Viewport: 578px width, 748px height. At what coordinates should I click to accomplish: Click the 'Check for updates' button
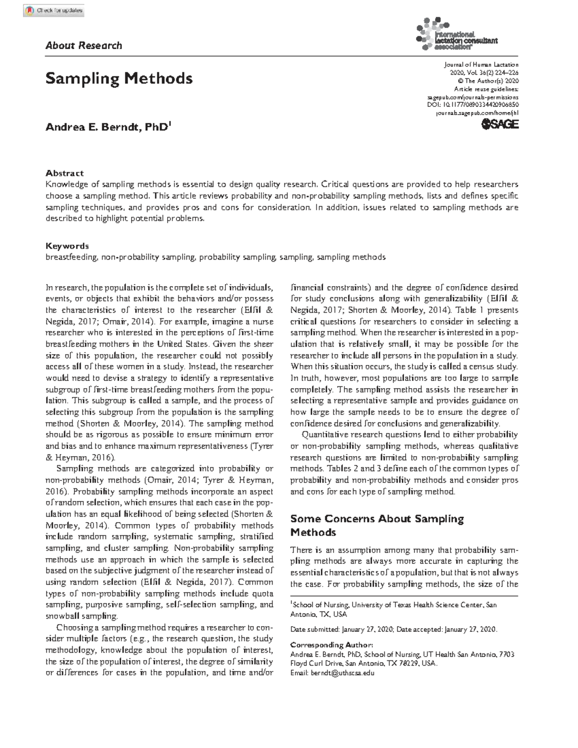pos(54,10)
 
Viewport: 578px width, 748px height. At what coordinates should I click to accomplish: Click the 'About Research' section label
pos(83,46)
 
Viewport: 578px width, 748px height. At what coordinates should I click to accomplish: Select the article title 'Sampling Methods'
pos(119,78)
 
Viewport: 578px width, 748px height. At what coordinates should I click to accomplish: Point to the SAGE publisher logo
pos(500,125)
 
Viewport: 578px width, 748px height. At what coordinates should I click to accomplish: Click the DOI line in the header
pos(473,105)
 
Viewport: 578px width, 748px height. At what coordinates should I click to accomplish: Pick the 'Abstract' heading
pos(65,173)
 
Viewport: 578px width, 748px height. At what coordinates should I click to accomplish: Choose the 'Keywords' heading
pos(67,246)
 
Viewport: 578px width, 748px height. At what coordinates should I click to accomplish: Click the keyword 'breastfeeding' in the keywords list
pos(72,257)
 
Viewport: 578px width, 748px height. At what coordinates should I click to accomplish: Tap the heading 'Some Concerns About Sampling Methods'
pos(377,525)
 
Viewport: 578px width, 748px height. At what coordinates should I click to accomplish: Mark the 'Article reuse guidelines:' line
pos(486,89)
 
